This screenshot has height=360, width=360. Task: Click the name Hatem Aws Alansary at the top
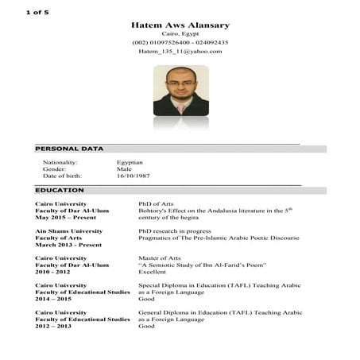[x=180, y=25]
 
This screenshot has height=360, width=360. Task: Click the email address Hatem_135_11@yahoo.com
[x=180, y=52]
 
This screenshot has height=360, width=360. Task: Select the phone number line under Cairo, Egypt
[x=180, y=42]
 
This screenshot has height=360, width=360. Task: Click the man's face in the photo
[x=180, y=82]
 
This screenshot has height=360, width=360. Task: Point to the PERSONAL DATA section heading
[x=69, y=149]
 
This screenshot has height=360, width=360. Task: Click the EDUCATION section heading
[x=60, y=191]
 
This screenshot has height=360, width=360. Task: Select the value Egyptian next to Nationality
[x=130, y=162]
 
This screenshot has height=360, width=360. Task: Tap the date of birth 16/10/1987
[x=133, y=176]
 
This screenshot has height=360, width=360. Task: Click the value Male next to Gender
[x=124, y=168]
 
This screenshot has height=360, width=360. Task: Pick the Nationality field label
[x=60, y=162]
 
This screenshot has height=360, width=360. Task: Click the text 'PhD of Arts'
[x=156, y=204]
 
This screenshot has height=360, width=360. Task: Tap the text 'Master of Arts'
[x=159, y=258]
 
